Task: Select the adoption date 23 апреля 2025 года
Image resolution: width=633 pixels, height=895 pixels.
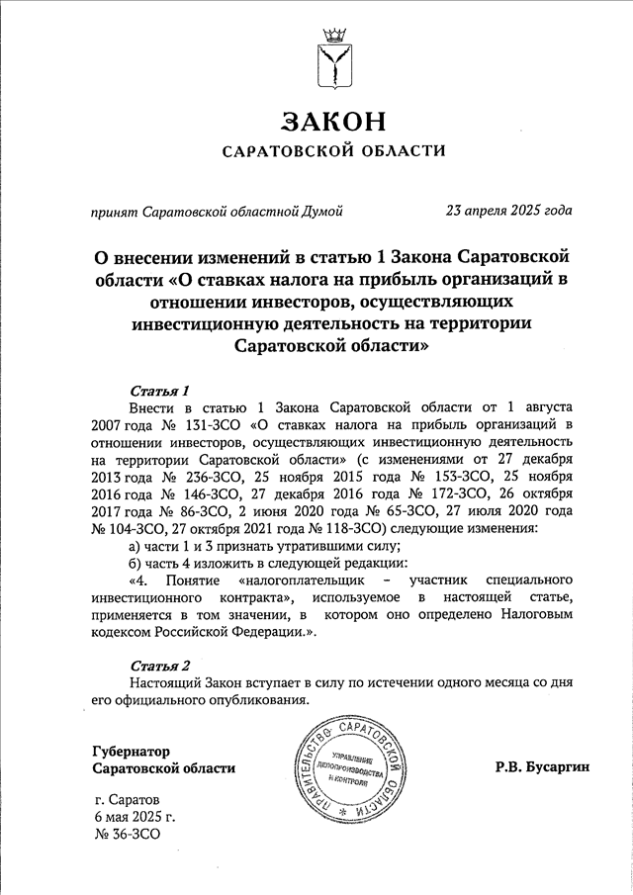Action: coord(508,210)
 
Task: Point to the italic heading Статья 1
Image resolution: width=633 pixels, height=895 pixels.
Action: coord(159,389)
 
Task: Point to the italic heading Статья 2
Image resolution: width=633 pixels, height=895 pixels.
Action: coord(159,664)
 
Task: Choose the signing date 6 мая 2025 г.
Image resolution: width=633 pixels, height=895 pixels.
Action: coord(136,817)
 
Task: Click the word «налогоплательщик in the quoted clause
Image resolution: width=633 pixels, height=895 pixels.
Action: coord(301,579)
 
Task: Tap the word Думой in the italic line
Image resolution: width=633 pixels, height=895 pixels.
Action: coord(322,210)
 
